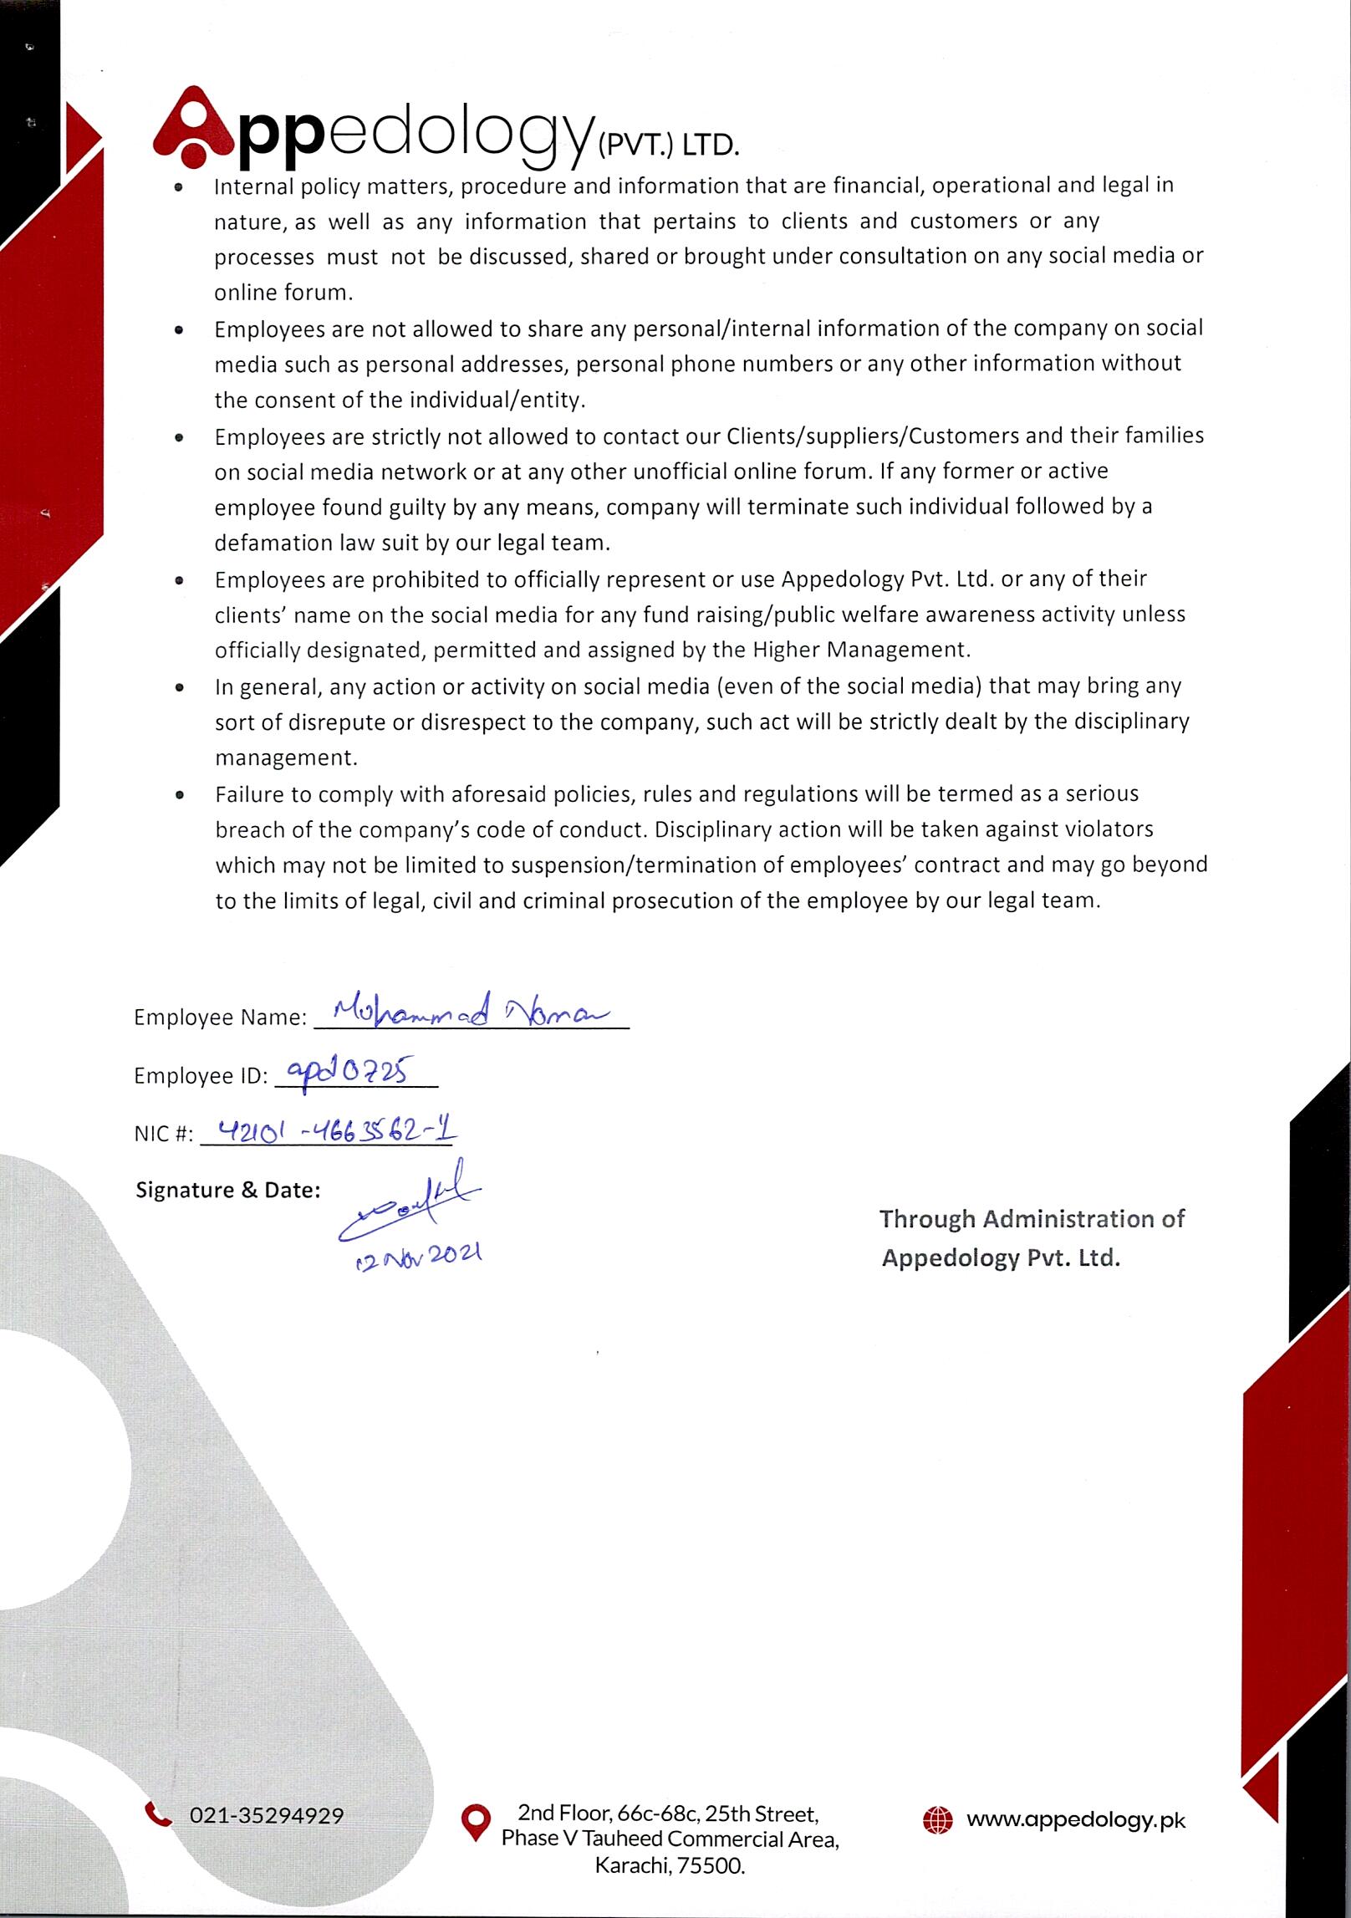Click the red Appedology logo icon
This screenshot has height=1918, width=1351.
tap(194, 126)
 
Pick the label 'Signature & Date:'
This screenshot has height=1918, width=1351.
tap(227, 1190)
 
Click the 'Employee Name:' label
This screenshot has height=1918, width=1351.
tap(221, 1018)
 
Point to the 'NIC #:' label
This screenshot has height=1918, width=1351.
tap(163, 1135)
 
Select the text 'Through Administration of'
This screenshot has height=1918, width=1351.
tap(1032, 1219)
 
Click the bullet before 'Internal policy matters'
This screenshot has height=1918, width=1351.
tap(178, 189)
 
